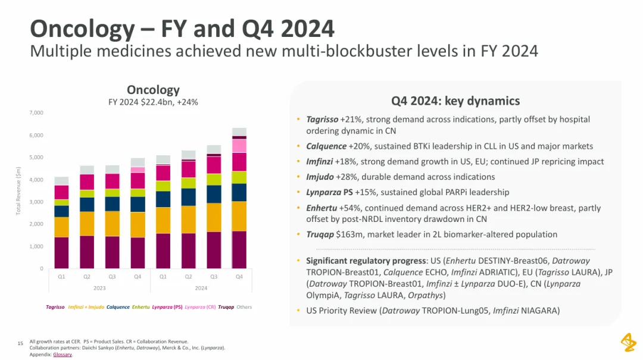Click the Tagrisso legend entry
(x=55, y=307)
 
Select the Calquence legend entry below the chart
(x=118, y=307)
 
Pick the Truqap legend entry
(x=226, y=307)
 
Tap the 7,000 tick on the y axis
(x=36, y=112)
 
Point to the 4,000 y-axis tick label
(x=36, y=180)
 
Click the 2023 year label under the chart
(x=99, y=287)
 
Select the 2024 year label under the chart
(x=201, y=287)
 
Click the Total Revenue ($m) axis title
(x=18, y=190)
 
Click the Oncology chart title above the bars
(x=153, y=90)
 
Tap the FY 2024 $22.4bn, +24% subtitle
(x=153, y=102)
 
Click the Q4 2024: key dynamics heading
(x=455, y=101)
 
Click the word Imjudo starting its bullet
(x=320, y=177)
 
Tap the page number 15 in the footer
(x=20, y=343)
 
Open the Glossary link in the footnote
(x=63, y=355)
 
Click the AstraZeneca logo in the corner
(x=628, y=343)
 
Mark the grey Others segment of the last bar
(x=239, y=132)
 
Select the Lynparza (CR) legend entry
(x=200, y=307)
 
